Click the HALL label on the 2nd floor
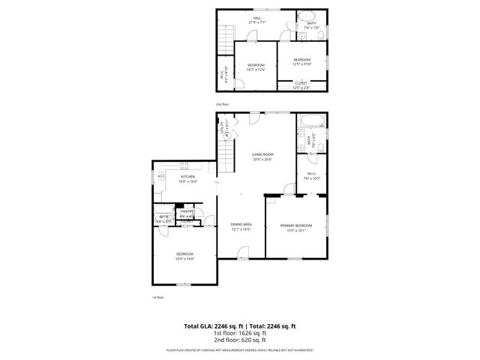pos(256,20)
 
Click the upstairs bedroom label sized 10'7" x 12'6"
pos(256,67)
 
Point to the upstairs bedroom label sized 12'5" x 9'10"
pos(301,61)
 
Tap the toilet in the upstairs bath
pos(303,34)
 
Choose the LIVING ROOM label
pos(262,156)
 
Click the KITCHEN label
pos(187,179)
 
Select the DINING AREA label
pos(241,227)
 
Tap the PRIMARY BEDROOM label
pos(296,227)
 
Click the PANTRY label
pos(187,214)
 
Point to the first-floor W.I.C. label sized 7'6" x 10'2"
pos(312,177)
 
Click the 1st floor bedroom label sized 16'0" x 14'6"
pos(184,256)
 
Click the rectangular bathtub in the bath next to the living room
pos(310,123)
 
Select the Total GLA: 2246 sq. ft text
pos(214,326)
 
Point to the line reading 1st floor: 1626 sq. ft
pos(240,333)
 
